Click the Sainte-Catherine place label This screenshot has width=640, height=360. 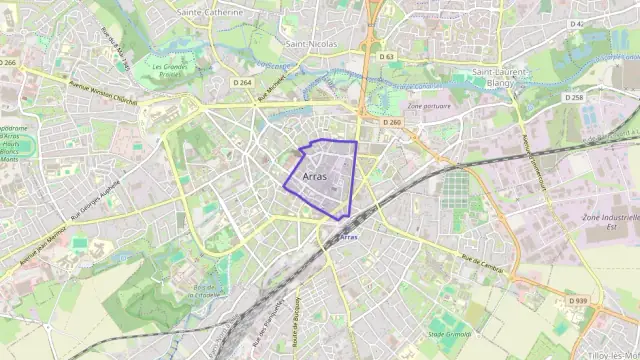click(x=210, y=12)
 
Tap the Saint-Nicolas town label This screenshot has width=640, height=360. click(x=310, y=44)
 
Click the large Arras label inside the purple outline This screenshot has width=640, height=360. click(x=314, y=175)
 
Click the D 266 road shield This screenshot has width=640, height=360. click(x=8, y=62)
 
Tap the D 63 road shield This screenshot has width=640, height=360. click(x=388, y=57)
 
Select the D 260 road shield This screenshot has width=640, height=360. click(x=392, y=122)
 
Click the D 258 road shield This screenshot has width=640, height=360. click(x=573, y=97)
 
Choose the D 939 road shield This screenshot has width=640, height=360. click(x=577, y=300)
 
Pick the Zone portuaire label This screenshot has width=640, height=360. click(x=429, y=106)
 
